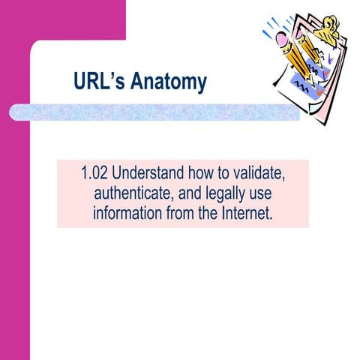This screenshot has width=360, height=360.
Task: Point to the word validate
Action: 259,175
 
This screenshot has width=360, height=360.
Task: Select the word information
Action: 130,212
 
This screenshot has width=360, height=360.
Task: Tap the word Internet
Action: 246,212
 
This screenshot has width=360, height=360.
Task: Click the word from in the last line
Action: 184,212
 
